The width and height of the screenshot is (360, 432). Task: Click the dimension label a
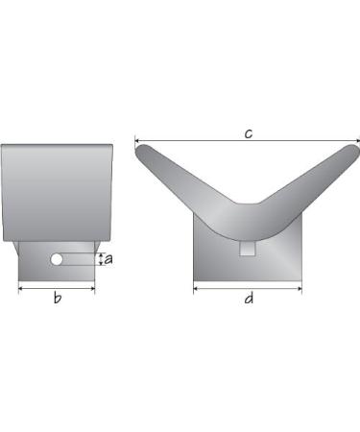108,259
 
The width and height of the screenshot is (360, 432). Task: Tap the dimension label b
58,298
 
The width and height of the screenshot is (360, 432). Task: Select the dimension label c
249,133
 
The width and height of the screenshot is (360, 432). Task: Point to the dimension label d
249,299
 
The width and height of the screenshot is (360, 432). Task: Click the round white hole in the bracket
57,259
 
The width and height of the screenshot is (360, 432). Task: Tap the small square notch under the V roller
248,249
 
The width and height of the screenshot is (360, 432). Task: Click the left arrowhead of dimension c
136,140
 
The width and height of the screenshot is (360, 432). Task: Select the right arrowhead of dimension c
357,140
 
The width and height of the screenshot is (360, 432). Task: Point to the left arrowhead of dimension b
20,289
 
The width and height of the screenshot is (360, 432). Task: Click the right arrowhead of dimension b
93,289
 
